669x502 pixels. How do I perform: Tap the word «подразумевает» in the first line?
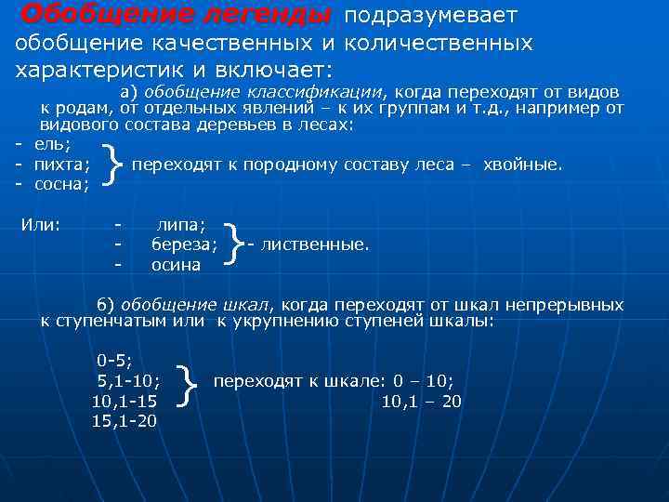tap(430, 17)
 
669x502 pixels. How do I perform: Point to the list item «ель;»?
tap(52, 144)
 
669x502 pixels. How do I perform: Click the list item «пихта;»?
tap(61, 165)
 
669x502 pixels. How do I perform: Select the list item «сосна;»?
tap(61, 184)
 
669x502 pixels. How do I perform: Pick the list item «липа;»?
tap(182, 225)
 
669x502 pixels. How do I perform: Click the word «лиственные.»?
tap(315, 244)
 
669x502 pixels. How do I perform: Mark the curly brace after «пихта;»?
tap(113, 165)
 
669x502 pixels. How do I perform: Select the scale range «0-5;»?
tap(115, 360)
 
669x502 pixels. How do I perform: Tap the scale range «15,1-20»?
tap(125, 421)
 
